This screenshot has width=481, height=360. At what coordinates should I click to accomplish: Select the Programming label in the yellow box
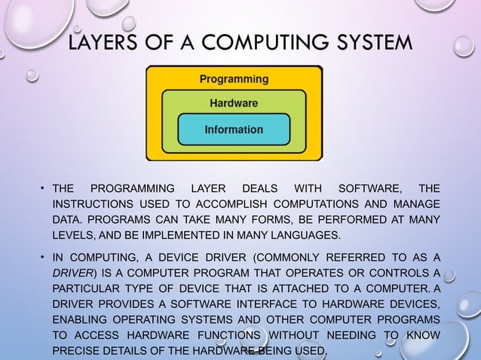pyautogui.click(x=233, y=78)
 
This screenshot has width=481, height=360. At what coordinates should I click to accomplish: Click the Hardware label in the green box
pyautogui.click(x=233, y=102)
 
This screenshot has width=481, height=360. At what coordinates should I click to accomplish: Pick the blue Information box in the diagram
pyautogui.click(x=233, y=130)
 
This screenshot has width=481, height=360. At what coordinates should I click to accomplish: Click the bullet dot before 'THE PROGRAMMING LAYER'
pyautogui.click(x=44, y=188)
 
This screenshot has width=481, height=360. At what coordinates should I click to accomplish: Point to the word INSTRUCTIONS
pyautogui.click(x=91, y=204)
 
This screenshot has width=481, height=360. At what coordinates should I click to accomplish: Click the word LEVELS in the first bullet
pyautogui.click(x=73, y=236)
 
